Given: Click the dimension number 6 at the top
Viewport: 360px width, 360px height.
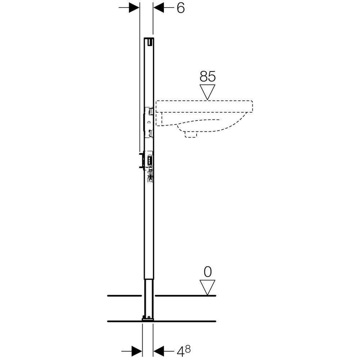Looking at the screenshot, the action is [181, 8].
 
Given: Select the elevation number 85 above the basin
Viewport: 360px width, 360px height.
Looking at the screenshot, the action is [208, 76].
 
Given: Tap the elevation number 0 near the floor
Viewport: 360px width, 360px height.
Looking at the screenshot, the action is [208, 272].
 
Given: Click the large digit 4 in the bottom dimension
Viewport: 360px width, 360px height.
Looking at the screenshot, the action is [181, 351].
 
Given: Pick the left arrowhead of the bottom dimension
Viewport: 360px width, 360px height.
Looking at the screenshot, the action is [137, 351].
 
